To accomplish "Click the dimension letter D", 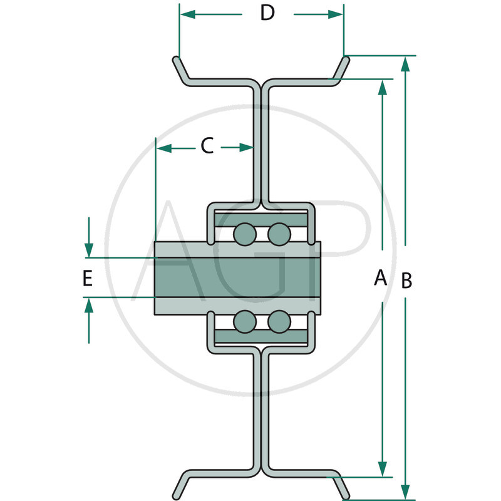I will [x=267, y=13].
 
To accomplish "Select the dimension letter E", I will [x=88, y=278].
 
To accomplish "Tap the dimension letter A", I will [x=380, y=277].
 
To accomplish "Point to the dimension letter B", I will [x=406, y=281].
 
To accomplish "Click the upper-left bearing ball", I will [x=244, y=234].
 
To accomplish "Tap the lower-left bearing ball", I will [x=244, y=322].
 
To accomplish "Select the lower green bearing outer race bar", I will [x=261, y=338].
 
